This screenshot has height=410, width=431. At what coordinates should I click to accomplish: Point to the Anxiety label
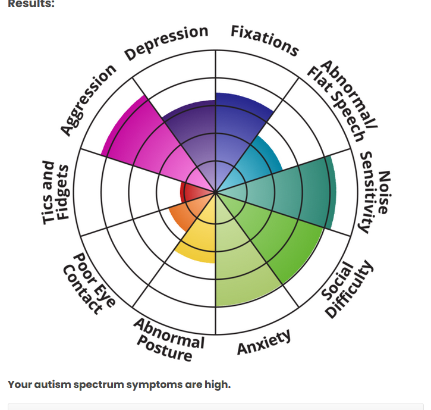point(265,342)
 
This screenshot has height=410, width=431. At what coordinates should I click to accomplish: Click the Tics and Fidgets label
point(56,193)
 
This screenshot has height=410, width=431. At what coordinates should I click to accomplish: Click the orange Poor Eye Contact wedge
point(178,214)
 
